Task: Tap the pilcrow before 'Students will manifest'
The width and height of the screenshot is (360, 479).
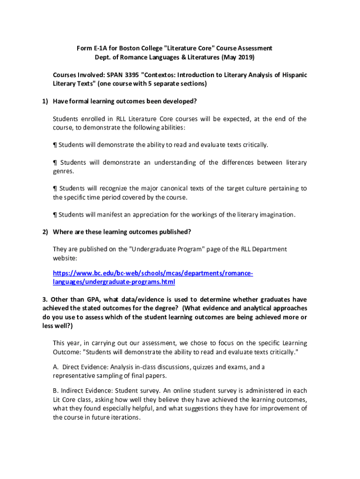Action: [55, 215]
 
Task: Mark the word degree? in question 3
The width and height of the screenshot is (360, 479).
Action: [166, 308]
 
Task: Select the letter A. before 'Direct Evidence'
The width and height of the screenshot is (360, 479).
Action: [56, 367]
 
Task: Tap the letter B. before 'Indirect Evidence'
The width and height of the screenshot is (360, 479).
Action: [56, 391]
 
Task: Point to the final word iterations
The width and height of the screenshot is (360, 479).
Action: [124, 418]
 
